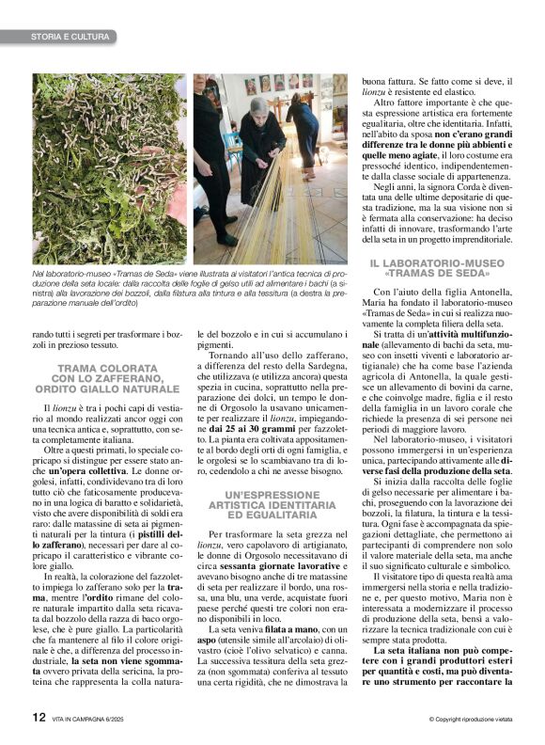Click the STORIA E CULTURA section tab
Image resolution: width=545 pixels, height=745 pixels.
point(58,37)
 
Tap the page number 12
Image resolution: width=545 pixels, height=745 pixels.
point(38,716)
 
